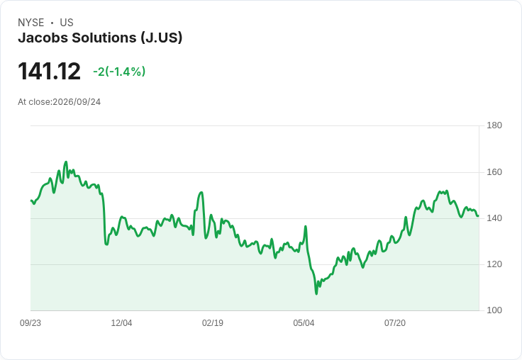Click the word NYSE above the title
click(x=31, y=23)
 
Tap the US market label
click(x=67, y=23)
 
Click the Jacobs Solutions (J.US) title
click(x=100, y=38)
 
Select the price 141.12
click(x=49, y=71)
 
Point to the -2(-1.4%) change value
click(x=119, y=72)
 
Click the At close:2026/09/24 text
click(x=60, y=102)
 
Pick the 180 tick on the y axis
click(x=494, y=125)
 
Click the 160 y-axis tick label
click(x=494, y=172)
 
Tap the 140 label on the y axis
click(x=494, y=218)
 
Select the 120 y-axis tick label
click(x=494, y=264)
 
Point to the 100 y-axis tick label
click(x=494, y=310)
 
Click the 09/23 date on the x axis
click(x=30, y=323)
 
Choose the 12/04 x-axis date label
click(x=121, y=323)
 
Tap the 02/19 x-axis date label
click(x=213, y=323)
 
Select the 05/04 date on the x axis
click(x=304, y=323)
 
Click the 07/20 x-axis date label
click(x=395, y=323)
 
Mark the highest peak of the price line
click(x=66, y=162)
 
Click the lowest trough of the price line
click(x=316, y=294)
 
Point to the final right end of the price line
click(x=478, y=216)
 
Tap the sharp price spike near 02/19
click(x=201, y=192)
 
